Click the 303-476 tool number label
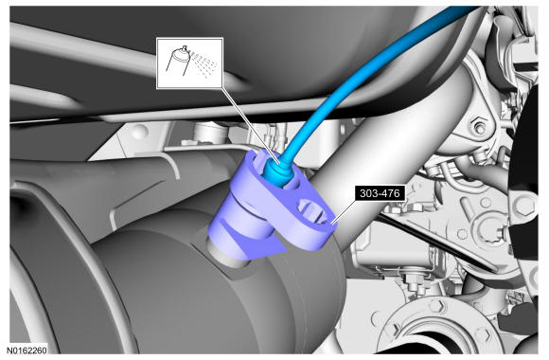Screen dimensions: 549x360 pos(380,193)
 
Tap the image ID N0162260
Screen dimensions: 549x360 pos(27,350)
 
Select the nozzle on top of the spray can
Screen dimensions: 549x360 pos(186,48)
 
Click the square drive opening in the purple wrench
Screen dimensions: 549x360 pos(312,211)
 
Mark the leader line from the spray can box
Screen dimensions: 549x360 pos(250,125)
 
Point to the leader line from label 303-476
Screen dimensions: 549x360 pos(345,211)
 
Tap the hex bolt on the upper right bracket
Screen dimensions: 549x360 pos(480,127)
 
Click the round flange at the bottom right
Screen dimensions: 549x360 pos(436,326)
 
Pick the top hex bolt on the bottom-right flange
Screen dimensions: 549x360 pos(437,306)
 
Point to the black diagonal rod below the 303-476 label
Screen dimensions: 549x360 pos(437,241)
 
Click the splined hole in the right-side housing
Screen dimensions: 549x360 pos(494,230)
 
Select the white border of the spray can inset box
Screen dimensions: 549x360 pos(189,39)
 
